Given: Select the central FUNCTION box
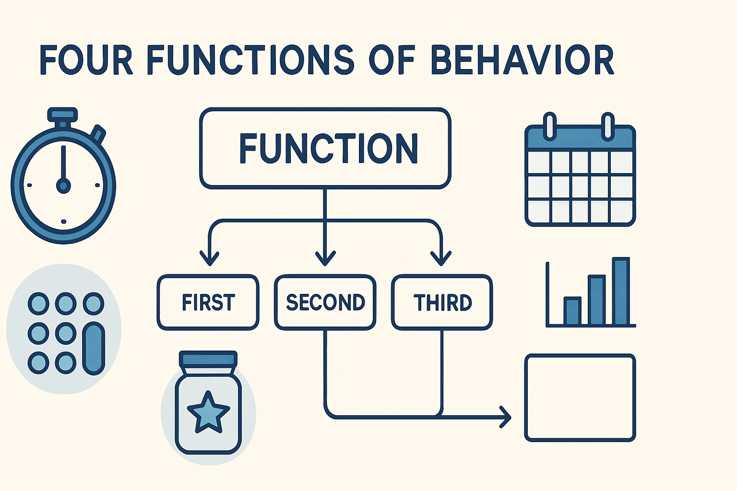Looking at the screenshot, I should click(x=325, y=148).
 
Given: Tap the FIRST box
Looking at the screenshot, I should click(x=208, y=303).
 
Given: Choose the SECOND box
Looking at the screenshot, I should click(x=325, y=303).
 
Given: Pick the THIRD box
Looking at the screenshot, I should click(x=442, y=303).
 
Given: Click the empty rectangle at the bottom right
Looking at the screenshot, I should click(x=580, y=397).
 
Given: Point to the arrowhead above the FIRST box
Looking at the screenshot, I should click(x=209, y=259).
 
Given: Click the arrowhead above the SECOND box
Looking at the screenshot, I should click(x=325, y=259).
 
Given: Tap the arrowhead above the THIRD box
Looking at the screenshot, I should click(x=441, y=259).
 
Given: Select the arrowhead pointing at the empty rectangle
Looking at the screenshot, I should click(x=505, y=417).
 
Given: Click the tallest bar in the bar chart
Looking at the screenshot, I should click(x=620, y=291).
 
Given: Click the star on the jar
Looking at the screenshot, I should click(x=208, y=411).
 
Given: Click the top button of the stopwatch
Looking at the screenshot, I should click(x=62, y=115).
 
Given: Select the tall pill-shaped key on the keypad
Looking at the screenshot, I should click(x=94, y=349).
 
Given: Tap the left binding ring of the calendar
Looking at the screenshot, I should click(x=550, y=126).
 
